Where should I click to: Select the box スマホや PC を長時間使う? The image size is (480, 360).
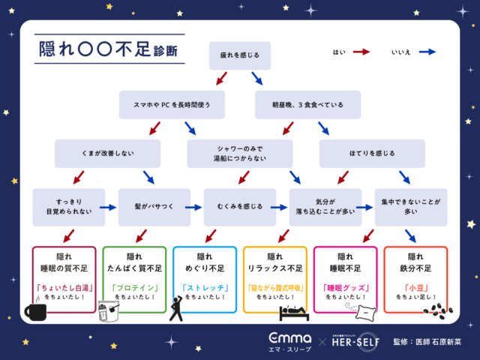click(172, 105)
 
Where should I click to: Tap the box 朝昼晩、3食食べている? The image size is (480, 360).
click(307, 105)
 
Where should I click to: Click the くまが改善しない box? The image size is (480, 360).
click(107, 154)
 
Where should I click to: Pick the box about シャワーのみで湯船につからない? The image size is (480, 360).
click(239, 154)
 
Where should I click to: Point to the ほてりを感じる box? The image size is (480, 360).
click(372, 154)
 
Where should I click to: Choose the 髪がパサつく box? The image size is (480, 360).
click(154, 207)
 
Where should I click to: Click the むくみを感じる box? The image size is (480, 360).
click(239, 207)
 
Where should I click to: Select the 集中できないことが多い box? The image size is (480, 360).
click(411, 207)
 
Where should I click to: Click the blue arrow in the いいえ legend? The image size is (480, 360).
click(427, 52)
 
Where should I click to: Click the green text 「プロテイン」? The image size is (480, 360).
click(133, 286)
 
